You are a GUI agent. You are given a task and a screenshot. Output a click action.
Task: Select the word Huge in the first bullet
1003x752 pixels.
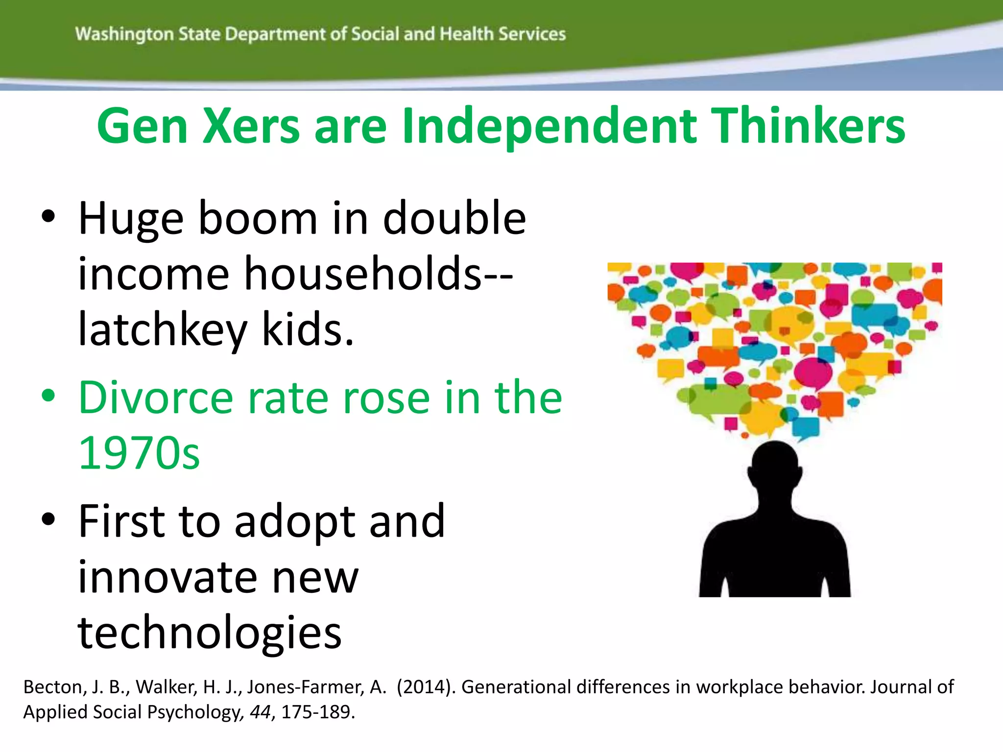pyautogui.click(x=131, y=219)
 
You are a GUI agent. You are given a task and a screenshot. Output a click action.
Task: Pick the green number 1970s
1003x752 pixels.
pyautogui.click(x=139, y=453)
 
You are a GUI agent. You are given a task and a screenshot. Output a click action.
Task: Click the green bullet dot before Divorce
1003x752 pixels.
pyautogui.click(x=48, y=395)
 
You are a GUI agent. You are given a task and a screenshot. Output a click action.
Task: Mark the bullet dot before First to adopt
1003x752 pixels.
pyautogui.click(x=48, y=519)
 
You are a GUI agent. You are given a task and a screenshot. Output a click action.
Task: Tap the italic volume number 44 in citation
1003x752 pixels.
pyautogui.click(x=260, y=712)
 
